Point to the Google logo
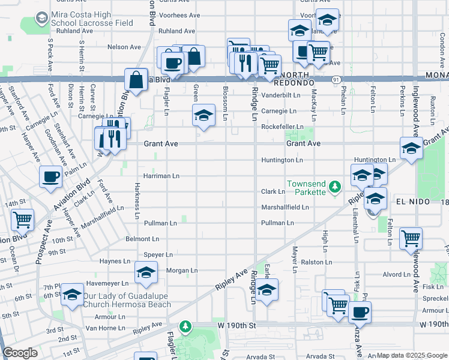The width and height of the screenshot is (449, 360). pyautogui.click(x=20, y=353)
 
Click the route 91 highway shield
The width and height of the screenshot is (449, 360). pyautogui.click(x=337, y=79)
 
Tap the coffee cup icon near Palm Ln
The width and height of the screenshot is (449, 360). pyautogui.click(x=50, y=177)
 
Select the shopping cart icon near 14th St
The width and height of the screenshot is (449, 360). pyautogui.click(x=22, y=220)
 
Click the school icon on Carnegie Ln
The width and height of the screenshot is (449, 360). pyautogui.click(x=203, y=115)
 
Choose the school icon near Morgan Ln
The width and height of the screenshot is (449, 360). pyautogui.click(x=146, y=273)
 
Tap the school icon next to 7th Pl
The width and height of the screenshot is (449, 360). pyautogui.click(x=72, y=295)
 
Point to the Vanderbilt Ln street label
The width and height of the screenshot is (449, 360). pyautogui.click(x=280, y=95)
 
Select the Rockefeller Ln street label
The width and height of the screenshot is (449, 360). pyautogui.click(x=282, y=127)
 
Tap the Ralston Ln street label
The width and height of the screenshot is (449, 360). pyautogui.click(x=316, y=262)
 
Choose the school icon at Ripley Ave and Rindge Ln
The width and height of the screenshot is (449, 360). pyautogui.click(x=267, y=289)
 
